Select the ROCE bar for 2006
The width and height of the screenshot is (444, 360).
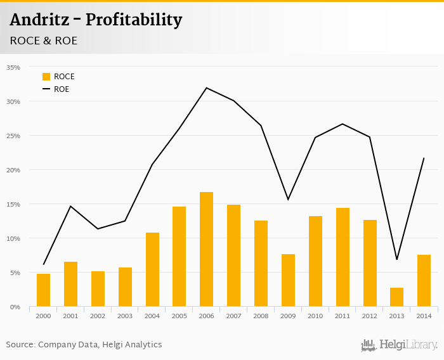tap(206, 249)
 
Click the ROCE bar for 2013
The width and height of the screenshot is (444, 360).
tap(396, 297)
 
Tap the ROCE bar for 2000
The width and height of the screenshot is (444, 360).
tap(43, 290)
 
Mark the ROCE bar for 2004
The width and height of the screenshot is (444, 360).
tap(152, 269)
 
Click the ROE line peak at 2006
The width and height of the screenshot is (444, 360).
tap(206, 87)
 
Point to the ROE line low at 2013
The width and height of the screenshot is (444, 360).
tap(396, 259)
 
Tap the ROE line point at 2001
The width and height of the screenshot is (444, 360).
tap(70, 206)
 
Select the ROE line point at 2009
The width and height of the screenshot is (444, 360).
tap(288, 200)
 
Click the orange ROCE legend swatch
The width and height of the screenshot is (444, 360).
tap(46, 77)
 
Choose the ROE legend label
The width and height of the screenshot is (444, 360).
tap(62, 89)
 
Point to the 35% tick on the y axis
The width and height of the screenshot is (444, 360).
tap(13, 67)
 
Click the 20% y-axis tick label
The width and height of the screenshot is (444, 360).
tap(13, 170)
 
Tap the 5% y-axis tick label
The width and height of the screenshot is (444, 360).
tap(15, 273)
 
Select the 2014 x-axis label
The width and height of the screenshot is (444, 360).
tap(424, 316)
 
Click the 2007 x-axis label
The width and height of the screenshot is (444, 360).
tap(233, 316)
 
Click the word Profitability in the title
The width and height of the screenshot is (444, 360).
tap(134, 20)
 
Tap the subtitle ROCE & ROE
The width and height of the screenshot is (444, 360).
tap(44, 41)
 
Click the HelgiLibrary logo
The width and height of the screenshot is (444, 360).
tap(400, 345)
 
